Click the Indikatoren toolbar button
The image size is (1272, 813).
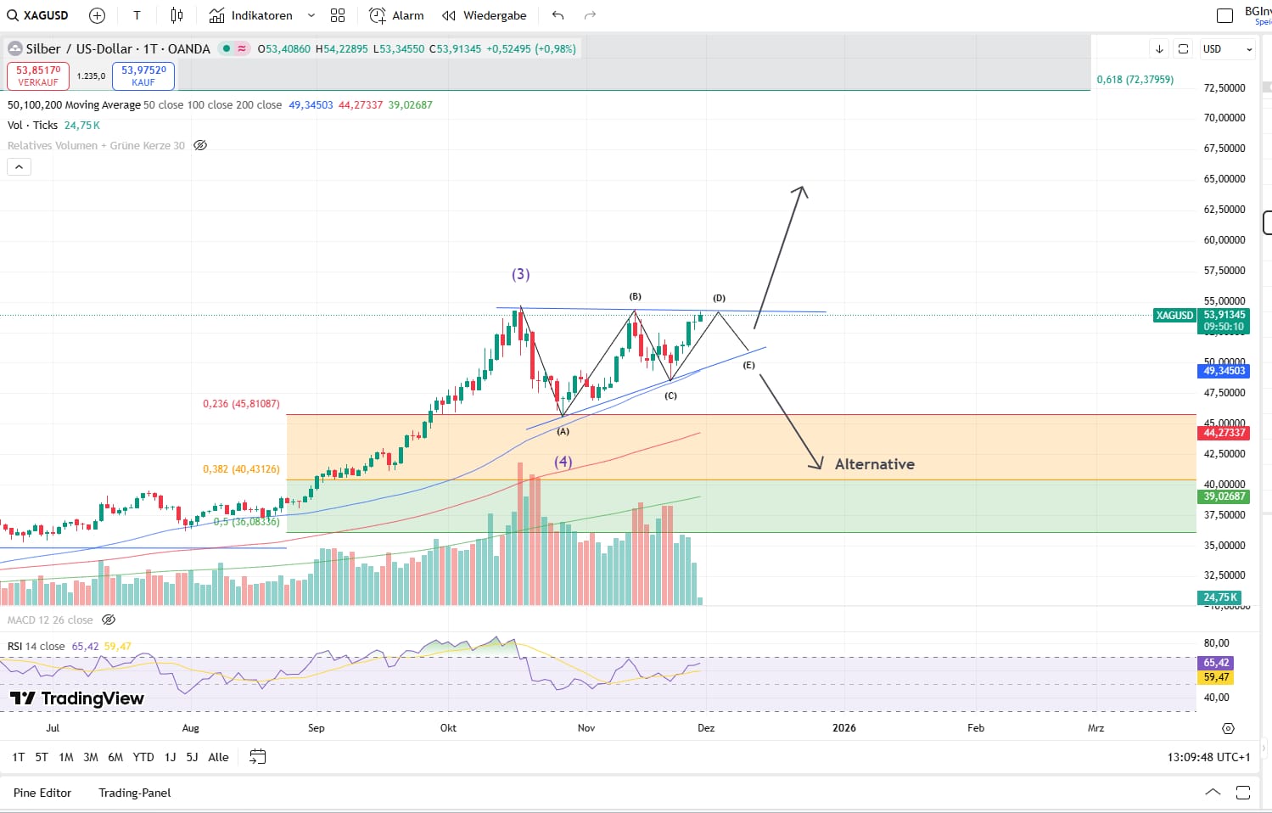tap(251, 15)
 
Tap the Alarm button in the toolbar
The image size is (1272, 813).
tap(396, 15)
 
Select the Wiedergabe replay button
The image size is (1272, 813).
tap(485, 15)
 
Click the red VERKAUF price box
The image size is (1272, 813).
tap(38, 76)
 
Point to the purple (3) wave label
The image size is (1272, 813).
tap(520, 274)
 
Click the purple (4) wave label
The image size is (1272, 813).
tap(563, 462)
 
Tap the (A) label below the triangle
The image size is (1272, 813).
tap(563, 431)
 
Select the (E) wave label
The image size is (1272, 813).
tap(748, 365)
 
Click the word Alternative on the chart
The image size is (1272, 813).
tap(874, 464)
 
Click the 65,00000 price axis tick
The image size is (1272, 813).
tap(1224, 179)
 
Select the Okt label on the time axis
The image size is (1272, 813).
tap(448, 728)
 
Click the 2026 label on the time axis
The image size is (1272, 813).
tap(843, 728)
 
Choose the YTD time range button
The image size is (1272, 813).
tap(143, 757)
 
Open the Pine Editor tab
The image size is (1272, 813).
tap(42, 793)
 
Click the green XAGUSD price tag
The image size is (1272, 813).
tap(1174, 316)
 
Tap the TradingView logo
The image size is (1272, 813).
tap(77, 698)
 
